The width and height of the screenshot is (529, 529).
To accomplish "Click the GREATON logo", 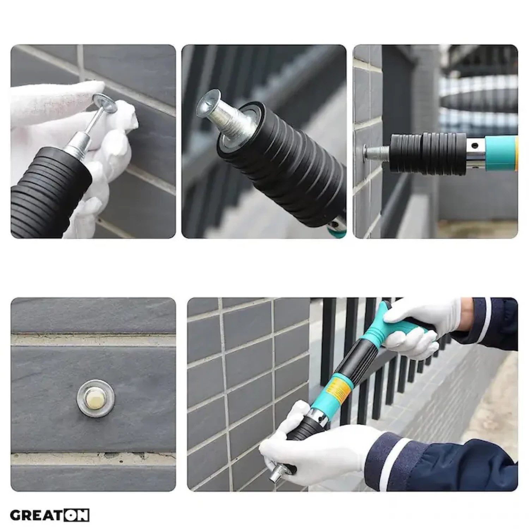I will point(49,515).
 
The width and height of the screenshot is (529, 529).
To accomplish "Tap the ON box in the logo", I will point(76,515).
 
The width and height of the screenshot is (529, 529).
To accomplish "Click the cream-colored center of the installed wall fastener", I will point(96,398).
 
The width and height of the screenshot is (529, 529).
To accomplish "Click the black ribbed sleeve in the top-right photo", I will point(427,153).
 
